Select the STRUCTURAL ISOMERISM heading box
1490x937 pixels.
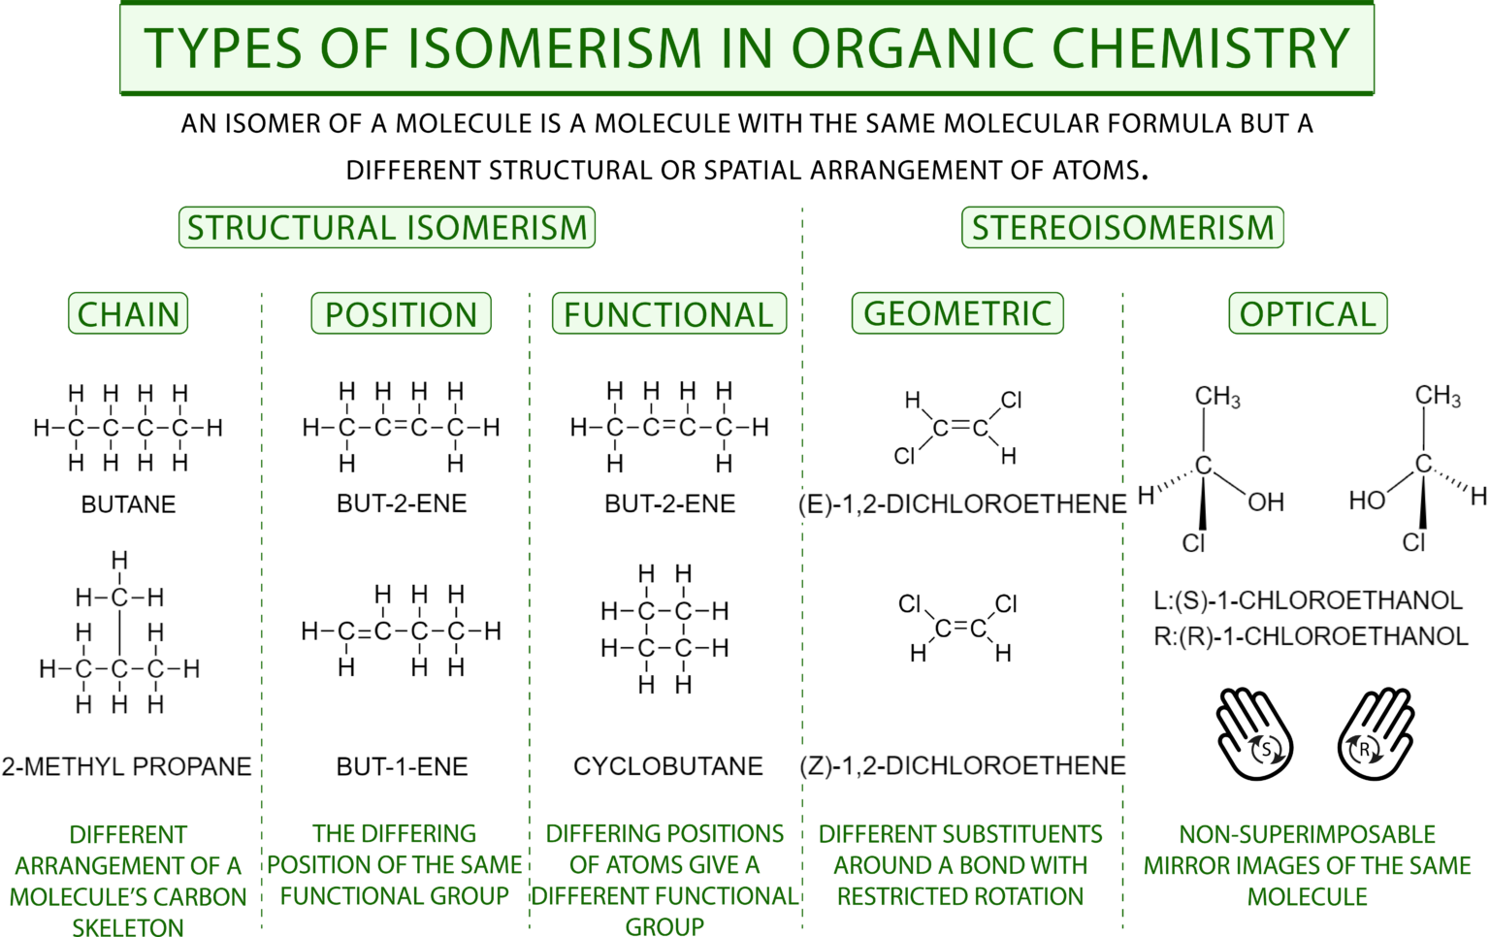pos(387,228)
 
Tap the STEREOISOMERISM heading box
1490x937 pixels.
pos(1122,228)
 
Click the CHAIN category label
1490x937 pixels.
pos(128,314)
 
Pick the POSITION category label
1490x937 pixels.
pos(401,314)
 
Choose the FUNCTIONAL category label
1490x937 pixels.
pos(668,314)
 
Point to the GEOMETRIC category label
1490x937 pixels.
pos(957,313)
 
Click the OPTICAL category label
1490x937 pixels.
pos(1307,313)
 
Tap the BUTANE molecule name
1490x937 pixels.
pos(128,504)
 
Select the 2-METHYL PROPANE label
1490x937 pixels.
pos(126,766)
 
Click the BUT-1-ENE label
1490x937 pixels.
pos(402,766)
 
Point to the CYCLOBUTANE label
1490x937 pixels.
pos(667,766)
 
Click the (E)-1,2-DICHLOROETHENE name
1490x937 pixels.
pos(962,504)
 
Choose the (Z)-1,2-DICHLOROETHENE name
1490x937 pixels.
pos(962,765)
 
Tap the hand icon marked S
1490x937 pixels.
pos(1255,734)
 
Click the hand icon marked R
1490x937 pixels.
pos(1375,734)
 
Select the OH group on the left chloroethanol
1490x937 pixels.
pos(1265,501)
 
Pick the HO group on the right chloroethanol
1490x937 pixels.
pos(1367,501)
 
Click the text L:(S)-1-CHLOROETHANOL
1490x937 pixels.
pos(1307,600)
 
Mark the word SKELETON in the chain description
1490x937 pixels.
pos(127,927)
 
